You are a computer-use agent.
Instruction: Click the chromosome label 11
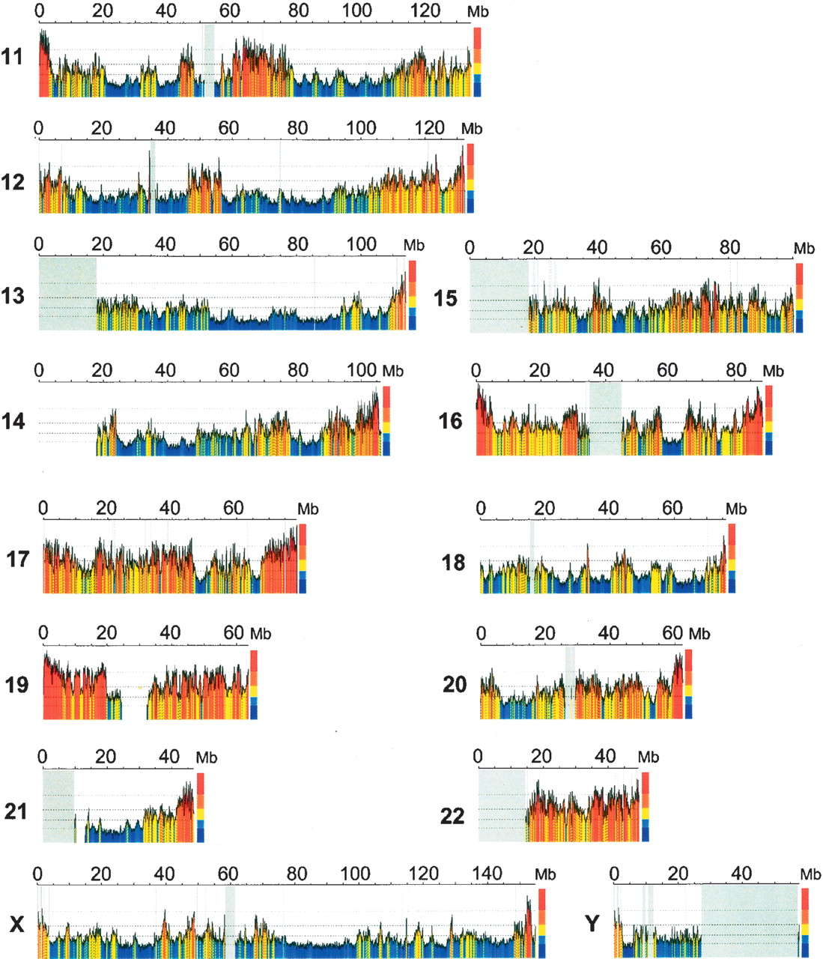(x=12, y=57)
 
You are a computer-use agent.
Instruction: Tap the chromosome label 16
(x=450, y=421)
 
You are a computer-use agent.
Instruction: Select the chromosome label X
(x=16, y=925)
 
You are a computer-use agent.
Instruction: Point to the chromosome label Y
(x=592, y=923)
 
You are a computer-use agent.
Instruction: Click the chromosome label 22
(x=452, y=816)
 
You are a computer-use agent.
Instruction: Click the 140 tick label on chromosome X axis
(x=487, y=874)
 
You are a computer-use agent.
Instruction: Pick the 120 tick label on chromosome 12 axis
(x=430, y=127)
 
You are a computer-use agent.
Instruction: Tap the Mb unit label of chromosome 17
(x=308, y=509)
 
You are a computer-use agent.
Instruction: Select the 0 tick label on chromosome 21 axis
(x=42, y=757)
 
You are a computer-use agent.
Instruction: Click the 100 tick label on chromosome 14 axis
(x=362, y=370)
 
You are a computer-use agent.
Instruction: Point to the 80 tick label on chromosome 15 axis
(x=730, y=248)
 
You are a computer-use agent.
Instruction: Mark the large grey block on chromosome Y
(x=750, y=922)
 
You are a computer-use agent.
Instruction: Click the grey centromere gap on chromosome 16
(x=606, y=419)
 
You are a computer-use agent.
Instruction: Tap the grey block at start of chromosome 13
(x=67, y=294)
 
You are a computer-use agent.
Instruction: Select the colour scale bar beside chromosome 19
(x=254, y=685)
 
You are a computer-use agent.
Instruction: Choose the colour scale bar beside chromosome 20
(x=688, y=684)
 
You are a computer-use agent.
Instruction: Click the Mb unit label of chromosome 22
(x=649, y=757)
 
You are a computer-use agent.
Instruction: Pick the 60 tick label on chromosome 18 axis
(x=672, y=509)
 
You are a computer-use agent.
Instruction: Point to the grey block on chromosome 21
(x=58, y=806)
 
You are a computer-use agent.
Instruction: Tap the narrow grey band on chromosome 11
(x=209, y=61)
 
